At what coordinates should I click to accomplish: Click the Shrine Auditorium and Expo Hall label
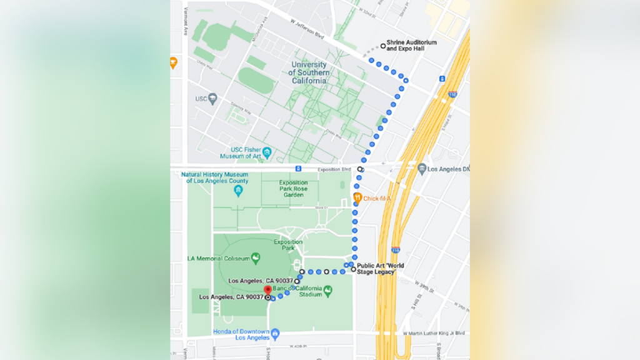tap(411, 45)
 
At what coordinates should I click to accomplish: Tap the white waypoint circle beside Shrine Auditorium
tap(383, 46)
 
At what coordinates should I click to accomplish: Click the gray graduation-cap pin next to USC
tap(212, 99)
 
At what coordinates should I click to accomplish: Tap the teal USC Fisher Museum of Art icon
tap(267, 151)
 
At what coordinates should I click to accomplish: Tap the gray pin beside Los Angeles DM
tap(422, 169)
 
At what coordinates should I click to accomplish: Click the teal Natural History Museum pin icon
tap(237, 191)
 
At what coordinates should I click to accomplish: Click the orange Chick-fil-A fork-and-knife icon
tap(357, 198)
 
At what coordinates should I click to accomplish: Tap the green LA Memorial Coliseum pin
tap(255, 258)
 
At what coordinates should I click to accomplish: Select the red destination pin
tap(267, 290)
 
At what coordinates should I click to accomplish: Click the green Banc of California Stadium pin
tap(328, 290)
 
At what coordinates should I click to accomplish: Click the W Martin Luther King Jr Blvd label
tap(434, 333)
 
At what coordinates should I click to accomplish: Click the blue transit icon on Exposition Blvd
tap(299, 169)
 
